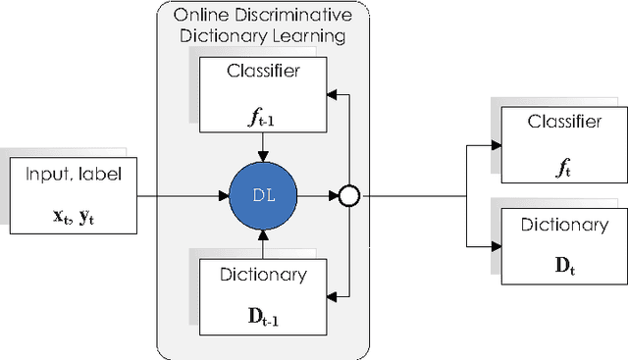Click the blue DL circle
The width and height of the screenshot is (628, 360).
(262, 197)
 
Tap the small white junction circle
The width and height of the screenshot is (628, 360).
(345, 197)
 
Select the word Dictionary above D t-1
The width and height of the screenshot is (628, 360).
(261, 275)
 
